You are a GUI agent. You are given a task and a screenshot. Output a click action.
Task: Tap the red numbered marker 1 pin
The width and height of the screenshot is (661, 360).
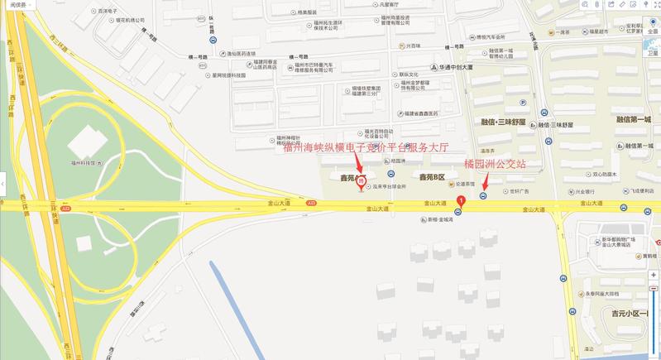tap(460, 199)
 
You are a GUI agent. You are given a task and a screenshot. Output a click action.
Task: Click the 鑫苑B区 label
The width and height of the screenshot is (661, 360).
tap(433, 177)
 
